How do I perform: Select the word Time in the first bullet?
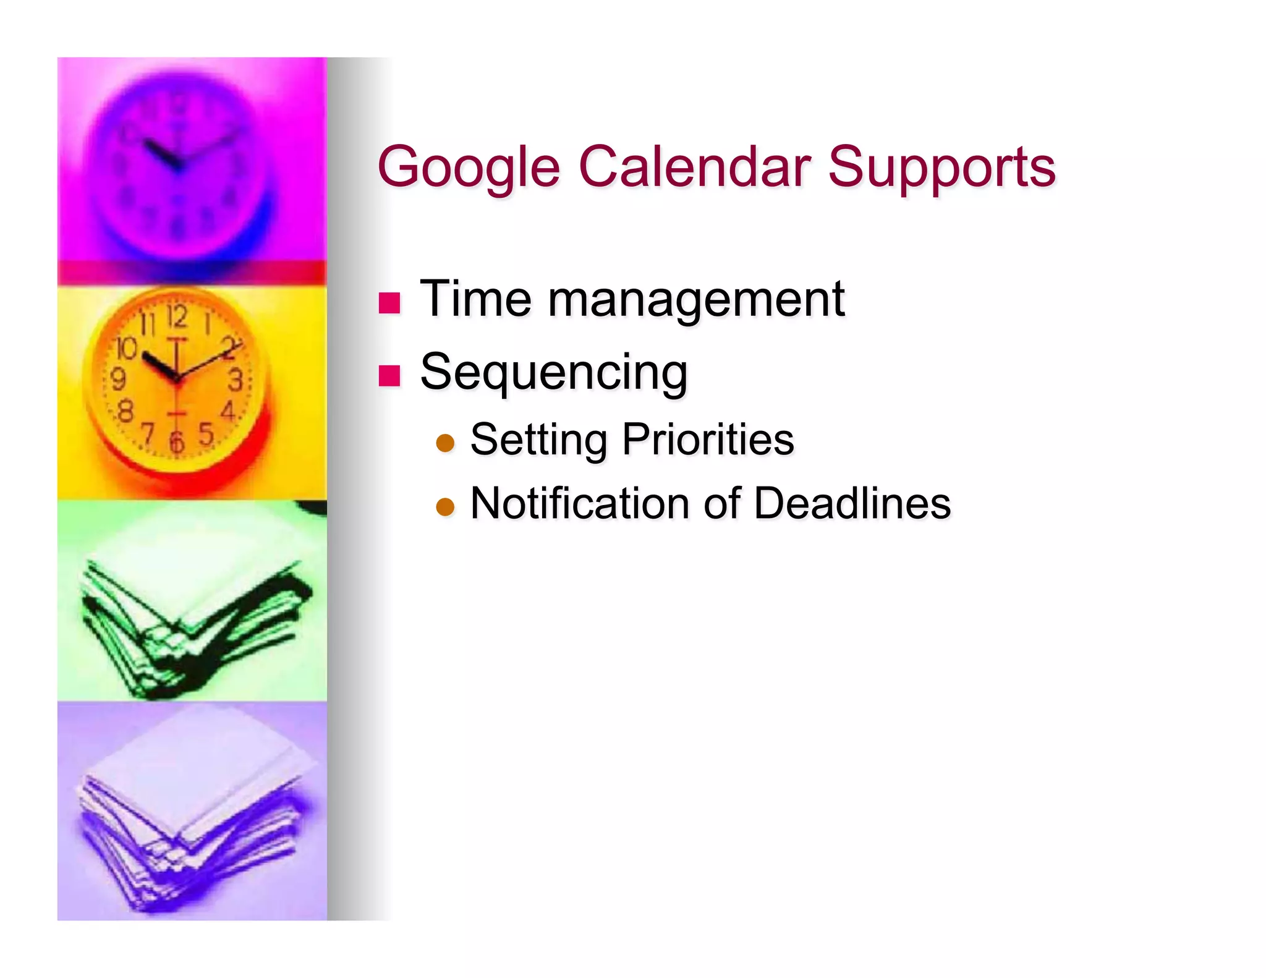point(475,299)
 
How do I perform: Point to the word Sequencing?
point(553,372)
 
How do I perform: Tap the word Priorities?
point(708,440)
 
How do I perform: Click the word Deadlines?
point(852,503)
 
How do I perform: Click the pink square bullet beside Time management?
point(389,303)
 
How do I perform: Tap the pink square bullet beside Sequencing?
point(389,375)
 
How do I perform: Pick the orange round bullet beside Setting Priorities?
point(445,443)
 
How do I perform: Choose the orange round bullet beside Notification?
point(445,507)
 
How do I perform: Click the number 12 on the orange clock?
point(177,317)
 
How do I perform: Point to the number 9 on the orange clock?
point(118,379)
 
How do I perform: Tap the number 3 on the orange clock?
point(235,380)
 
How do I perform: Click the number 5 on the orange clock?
point(206,434)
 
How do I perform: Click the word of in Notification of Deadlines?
point(721,503)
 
